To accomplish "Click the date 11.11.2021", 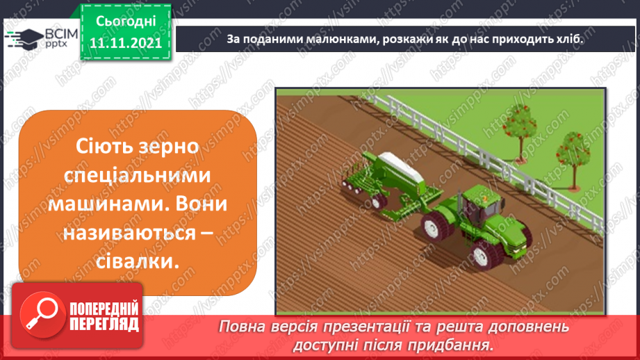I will click(126, 43).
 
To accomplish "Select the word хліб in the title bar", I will click(567, 39).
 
